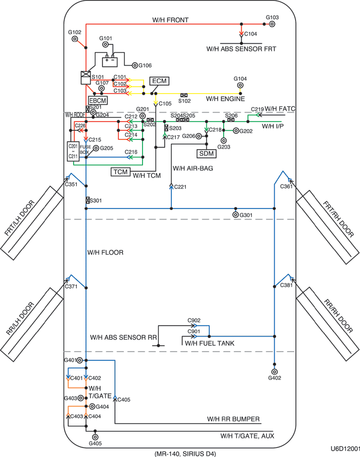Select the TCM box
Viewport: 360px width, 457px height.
pos(120,172)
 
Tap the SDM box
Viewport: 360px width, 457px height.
pos(206,153)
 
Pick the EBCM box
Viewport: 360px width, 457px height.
pos(97,100)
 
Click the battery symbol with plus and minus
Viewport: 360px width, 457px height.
pos(110,61)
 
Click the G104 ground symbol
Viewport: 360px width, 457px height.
pos(240,86)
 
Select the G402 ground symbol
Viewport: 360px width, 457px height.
pos(274,372)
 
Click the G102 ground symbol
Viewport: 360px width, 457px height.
pos(75,39)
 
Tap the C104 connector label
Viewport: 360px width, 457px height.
pos(250,34)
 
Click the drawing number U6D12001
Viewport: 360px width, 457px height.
pos(345,449)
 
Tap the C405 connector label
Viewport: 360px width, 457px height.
pos(124,399)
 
